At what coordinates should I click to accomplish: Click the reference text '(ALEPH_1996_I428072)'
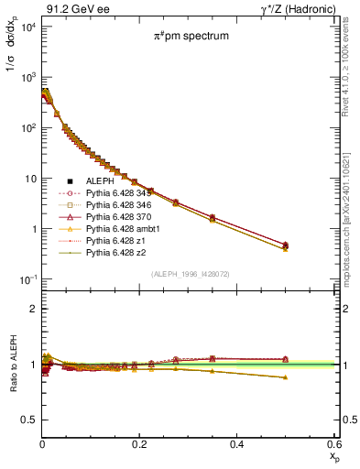191,274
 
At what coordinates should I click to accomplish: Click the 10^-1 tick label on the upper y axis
26,279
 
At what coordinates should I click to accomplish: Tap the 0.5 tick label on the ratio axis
28,420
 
